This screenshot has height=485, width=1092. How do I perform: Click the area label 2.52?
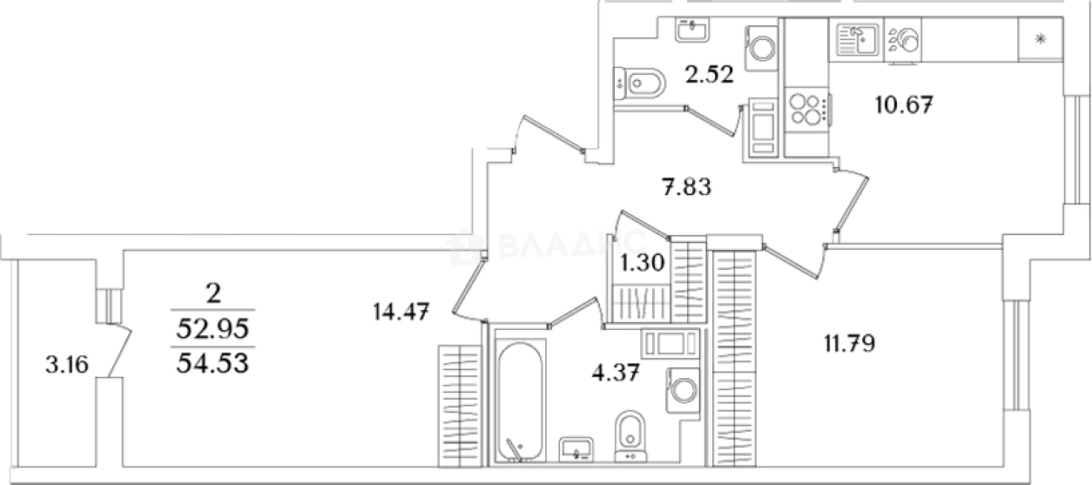(709, 75)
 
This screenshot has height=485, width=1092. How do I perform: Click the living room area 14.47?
(400, 310)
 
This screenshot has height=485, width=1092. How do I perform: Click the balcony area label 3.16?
(66, 364)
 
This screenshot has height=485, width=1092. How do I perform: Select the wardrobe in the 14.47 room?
(459, 400)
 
